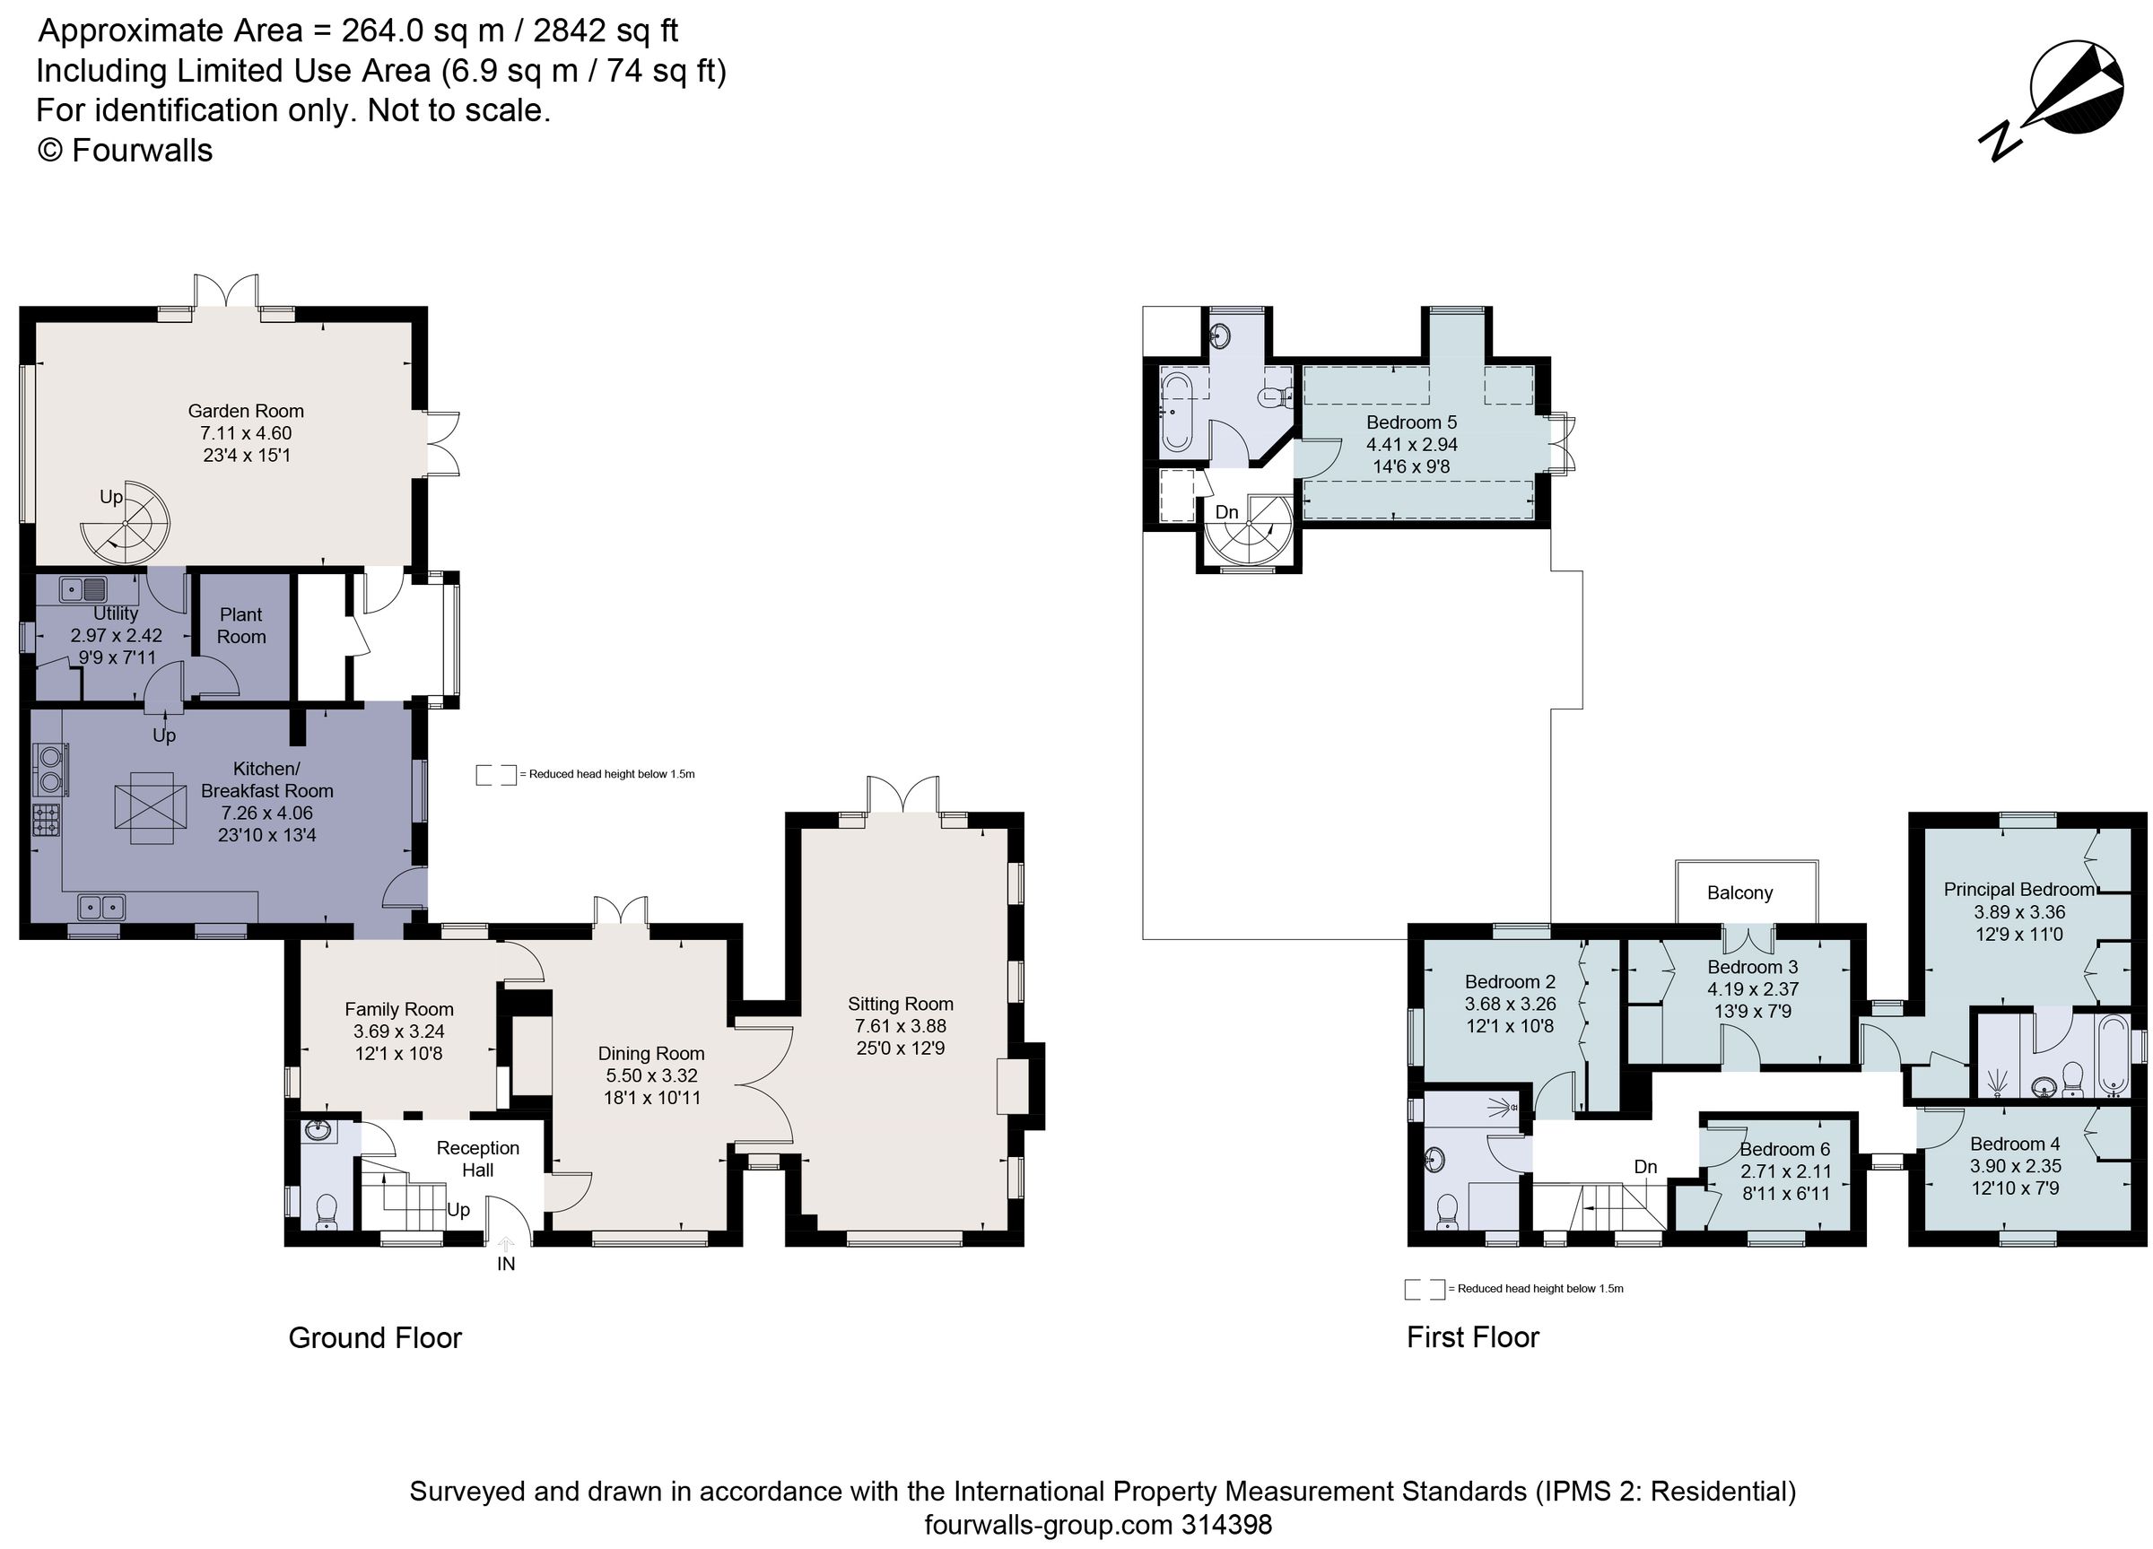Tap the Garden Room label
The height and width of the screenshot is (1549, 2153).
point(246,411)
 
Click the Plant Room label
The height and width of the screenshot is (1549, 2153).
point(241,625)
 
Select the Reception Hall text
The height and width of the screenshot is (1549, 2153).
point(477,1158)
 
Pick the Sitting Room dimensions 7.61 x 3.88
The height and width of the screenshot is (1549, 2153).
point(900,1026)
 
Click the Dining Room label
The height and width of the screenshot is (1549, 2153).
point(651,1053)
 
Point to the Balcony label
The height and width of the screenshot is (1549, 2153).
point(1739,892)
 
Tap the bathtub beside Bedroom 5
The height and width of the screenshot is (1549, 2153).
point(1176,411)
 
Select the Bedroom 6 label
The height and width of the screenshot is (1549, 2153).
point(1784,1149)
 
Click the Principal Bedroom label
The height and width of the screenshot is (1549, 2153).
point(2019,890)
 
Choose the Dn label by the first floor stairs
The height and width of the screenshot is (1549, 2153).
point(1645,1167)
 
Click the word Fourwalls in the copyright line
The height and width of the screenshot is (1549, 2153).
point(142,150)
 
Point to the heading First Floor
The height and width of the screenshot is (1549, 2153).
point(1472,1336)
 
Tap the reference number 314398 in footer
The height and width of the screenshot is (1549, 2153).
point(1225,1524)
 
